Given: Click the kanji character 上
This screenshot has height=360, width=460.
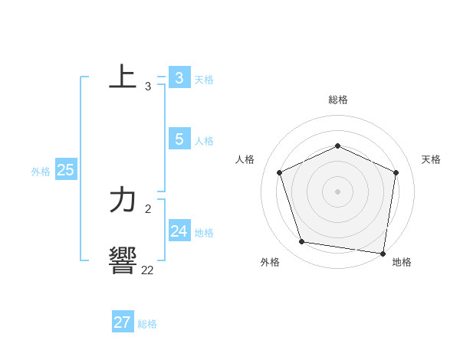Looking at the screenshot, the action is [123, 77].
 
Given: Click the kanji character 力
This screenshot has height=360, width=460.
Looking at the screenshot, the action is [123, 201].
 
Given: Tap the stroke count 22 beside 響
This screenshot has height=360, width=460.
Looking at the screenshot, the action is [147, 270].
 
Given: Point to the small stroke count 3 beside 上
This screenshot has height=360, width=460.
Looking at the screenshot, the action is [148, 87].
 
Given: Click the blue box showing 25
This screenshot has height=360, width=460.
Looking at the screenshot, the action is [65, 170].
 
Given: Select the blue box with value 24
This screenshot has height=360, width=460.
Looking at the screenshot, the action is [179, 231].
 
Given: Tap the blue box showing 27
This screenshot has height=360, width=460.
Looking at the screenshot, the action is [122, 322].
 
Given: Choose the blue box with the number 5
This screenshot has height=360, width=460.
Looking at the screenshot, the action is [179, 139].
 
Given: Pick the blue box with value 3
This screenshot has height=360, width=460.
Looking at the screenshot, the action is [179, 77].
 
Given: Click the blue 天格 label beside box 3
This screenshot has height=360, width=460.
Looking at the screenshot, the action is [204, 79].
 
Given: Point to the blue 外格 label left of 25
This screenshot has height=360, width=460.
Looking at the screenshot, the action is [41, 172].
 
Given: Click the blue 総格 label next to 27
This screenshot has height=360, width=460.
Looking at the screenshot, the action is [147, 324].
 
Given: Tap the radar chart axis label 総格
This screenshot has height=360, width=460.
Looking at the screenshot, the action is [337, 100].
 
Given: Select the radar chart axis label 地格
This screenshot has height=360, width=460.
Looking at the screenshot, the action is [402, 263].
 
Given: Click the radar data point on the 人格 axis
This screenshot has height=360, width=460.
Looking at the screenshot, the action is [279, 172].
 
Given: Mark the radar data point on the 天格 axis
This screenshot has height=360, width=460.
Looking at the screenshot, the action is [396, 172].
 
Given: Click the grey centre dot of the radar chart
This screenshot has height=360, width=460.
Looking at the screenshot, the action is [337, 191].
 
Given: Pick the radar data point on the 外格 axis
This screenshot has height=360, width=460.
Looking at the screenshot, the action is [302, 242].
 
